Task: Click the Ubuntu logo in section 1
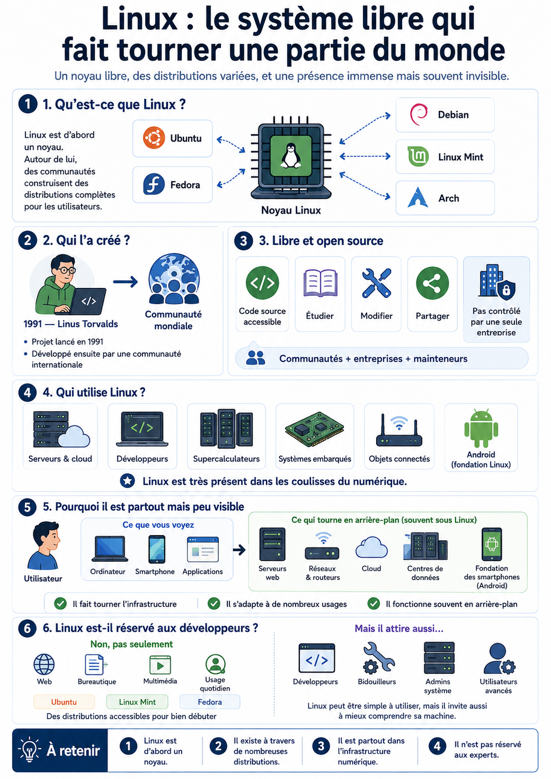pyautogui.click(x=154, y=138)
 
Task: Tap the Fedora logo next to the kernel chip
pyautogui.click(x=154, y=184)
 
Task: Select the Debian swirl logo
pyautogui.click(x=418, y=114)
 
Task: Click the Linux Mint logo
pyautogui.click(x=418, y=156)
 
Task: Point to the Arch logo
pyautogui.click(x=417, y=197)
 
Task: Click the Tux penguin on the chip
pyautogui.click(x=290, y=156)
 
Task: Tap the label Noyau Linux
pyautogui.click(x=291, y=211)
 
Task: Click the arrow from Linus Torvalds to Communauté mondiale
pyautogui.click(x=125, y=282)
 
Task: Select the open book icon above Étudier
pyautogui.click(x=320, y=283)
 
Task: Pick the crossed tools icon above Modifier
pyautogui.click(x=376, y=283)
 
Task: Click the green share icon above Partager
pyautogui.click(x=432, y=283)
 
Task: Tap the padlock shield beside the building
pyautogui.click(x=506, y=289)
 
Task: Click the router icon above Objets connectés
pyautogui.click(x=399, y=431)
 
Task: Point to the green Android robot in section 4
pyautogui.click(x=481, y=428)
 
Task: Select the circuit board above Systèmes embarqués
pyautogui.click(x=314, y=429)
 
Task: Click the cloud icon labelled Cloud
pyautogui.click(x=371, y=547)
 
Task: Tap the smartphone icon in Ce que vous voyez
pyautogui.click(x=157, y=549)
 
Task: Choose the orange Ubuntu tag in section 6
pyautogui.click(x=64, y=702)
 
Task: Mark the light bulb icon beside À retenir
pyautogui.click(x=30, y=750)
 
